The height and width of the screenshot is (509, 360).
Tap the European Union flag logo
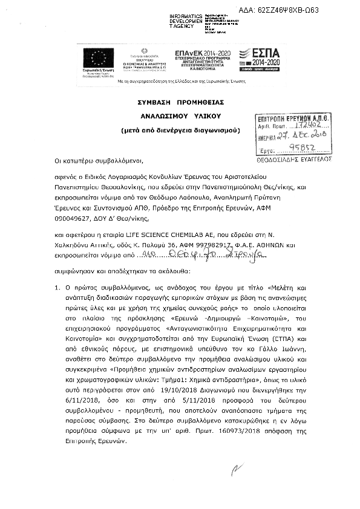(99, 59)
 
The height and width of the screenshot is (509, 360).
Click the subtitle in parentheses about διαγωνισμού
(179, 129)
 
